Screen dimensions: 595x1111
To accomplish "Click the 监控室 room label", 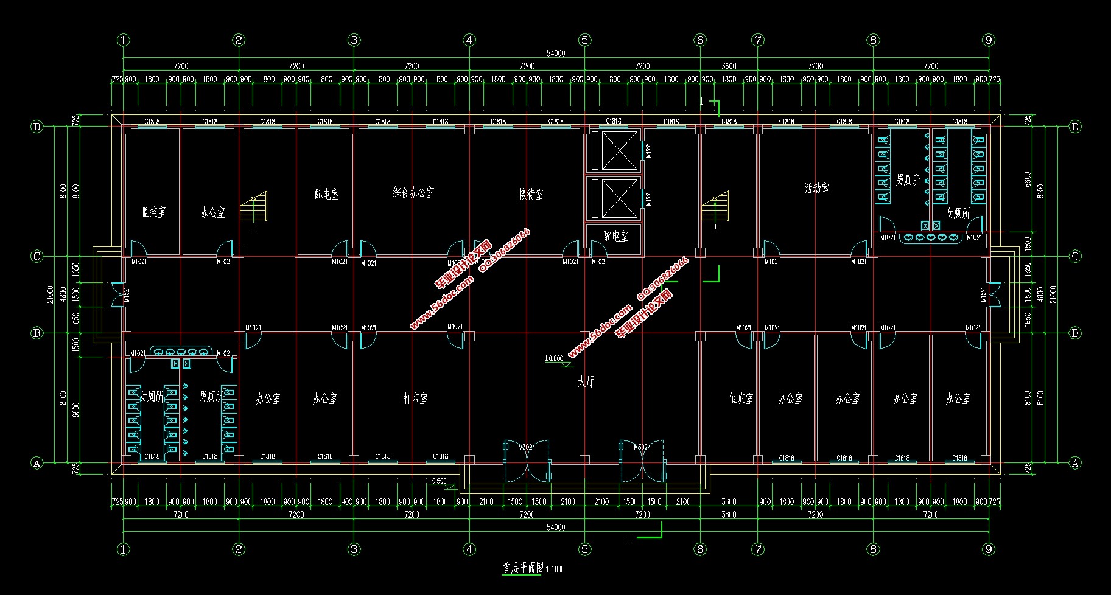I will click(x=153, y=212).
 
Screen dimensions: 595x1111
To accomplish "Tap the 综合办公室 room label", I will click(x=413, y=193).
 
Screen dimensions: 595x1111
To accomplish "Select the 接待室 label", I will click(x=531, y=194).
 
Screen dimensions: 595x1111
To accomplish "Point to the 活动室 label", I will click(x=816, y=189).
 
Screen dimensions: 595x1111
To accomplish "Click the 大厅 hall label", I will click(x=586, y=382).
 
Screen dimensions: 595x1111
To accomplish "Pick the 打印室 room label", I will click(x=415, y=398).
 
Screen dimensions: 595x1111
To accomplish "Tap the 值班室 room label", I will click(x=741, y=398).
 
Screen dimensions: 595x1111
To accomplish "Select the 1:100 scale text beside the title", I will click(x=553, y=569).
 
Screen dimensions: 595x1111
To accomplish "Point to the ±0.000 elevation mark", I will click(x=554, y=358).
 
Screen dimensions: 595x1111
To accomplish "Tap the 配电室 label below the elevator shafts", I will click(x=615, y=236).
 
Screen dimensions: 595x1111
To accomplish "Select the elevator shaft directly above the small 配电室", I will click(x=613, y=198).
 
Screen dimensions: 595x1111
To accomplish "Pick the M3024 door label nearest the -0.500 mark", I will click(x=527, y=447).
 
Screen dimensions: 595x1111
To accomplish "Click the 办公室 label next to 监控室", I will click(x=212, y=213).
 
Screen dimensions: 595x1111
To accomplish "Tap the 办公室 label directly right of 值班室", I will click(x=790, y=398).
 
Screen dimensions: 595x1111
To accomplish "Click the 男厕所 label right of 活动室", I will click(x=908, y=180).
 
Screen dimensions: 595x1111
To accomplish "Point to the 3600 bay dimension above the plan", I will click(x=729, y=66).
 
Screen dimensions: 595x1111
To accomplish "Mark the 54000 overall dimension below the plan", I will click(x=555, y=527).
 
